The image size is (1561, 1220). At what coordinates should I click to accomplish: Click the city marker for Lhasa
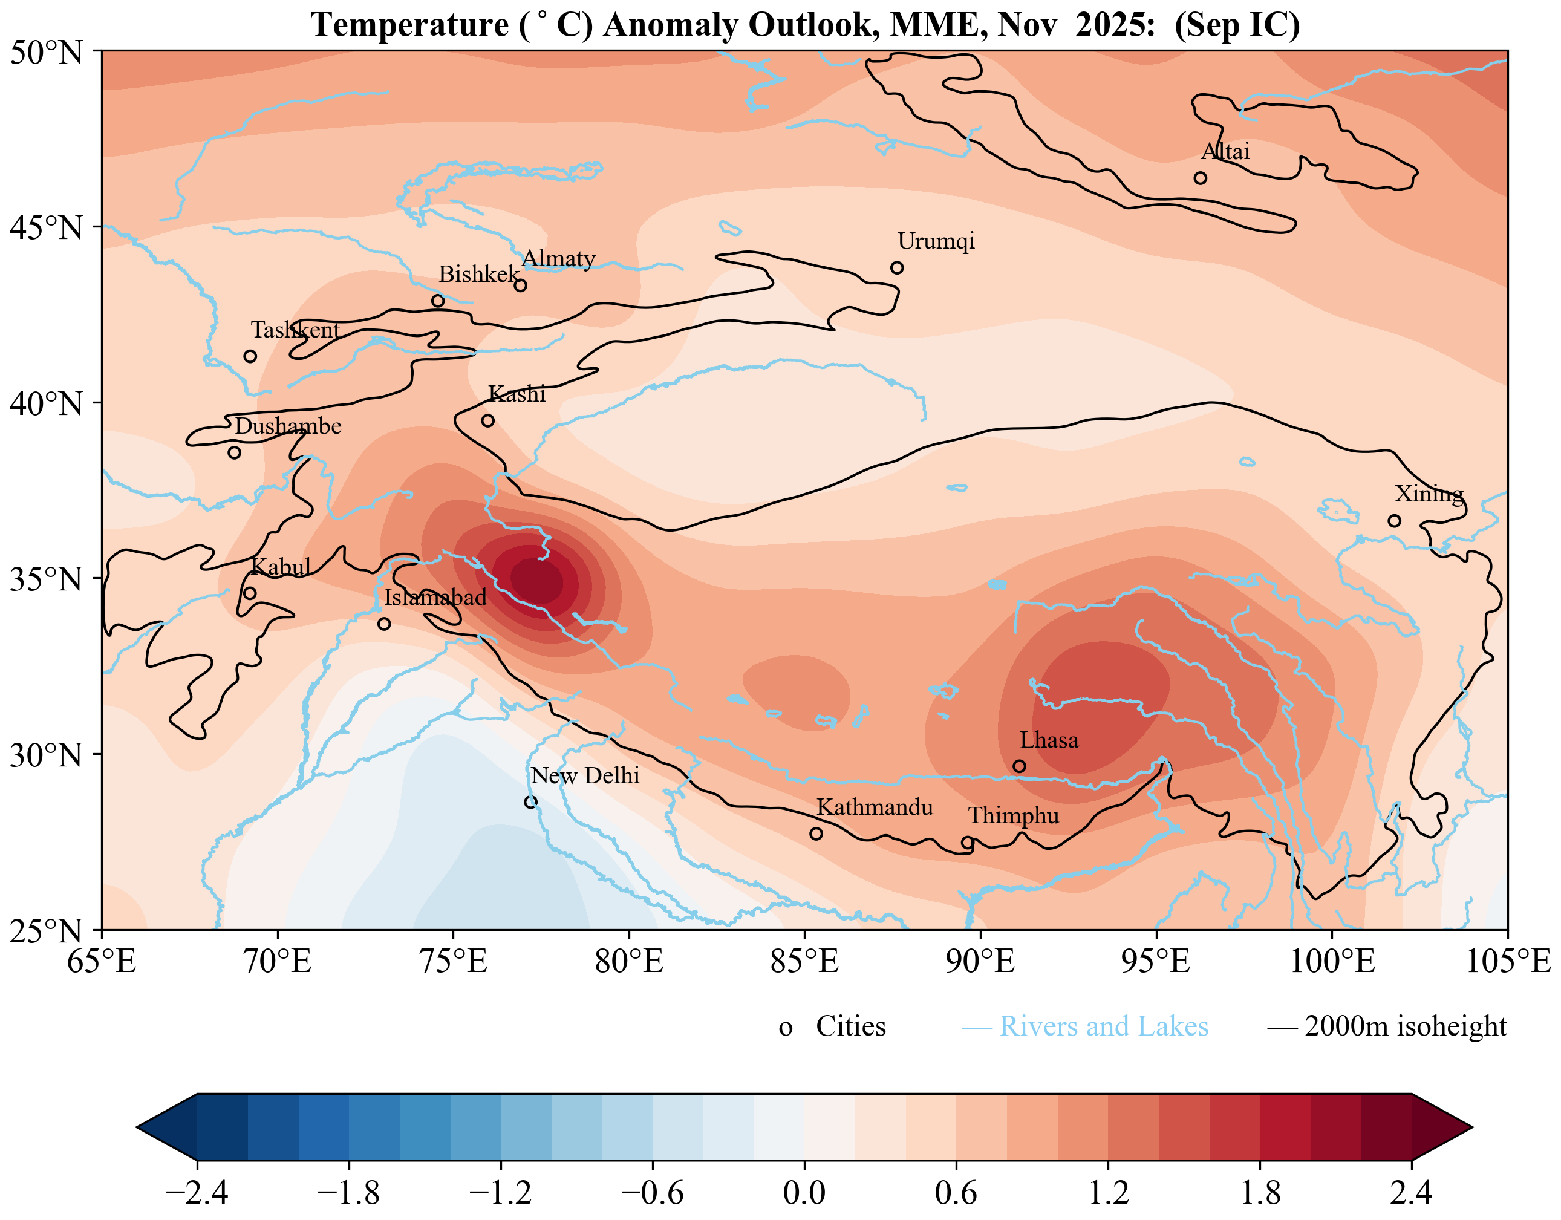(1019, 766)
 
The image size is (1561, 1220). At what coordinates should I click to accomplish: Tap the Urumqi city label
(936, 241)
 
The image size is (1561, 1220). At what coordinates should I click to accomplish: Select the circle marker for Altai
(1200, 178)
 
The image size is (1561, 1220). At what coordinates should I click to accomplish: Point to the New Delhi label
(585, 775)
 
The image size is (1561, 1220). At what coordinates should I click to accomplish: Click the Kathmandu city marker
(815, 833)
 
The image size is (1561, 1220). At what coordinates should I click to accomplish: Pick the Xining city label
(1429, 494)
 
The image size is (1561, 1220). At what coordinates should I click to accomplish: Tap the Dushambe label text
(288, 426)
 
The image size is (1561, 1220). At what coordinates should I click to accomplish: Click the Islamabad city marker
(384, 624)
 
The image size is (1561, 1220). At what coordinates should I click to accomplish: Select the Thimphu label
(1013, 815)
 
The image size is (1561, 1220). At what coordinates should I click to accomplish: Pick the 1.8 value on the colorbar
(1259, 1192)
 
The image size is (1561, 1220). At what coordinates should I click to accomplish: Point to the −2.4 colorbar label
(197, 1192)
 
